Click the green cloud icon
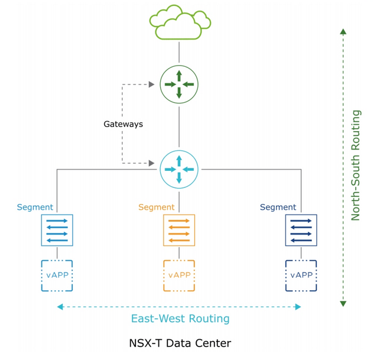pyautogui.click(x=180, y=22)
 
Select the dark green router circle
pyautogui.click(x=179, y=85)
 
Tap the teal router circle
pyautogui.click(x=179, y=170)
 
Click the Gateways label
pyautogui.click(x=123, y=124)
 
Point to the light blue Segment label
pyautogui.click(x=35, y=207)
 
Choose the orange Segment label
pyautogui.click(x=156, y=207)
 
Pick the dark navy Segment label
pyautogui.click(x=278, y=207)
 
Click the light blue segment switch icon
pyautogui.click(x=57, y=230)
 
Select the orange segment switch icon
pyautogui.click(x=178, y=230)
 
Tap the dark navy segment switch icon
pyautogui.click(x=301, y=230)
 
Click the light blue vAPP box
pyautogui.click(x=57, y=275)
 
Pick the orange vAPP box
pyautogui.click(x=178, y=275)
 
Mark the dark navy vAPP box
pyautogui.click(x=301, y=275)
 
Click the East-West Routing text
pyautogui.click(x=180, y=319)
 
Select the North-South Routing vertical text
pyautogui.click(x=355, y=166)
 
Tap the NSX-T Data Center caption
pyautogui.click(x=180, y=343)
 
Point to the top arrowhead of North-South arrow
pyautogui.click(x=343, y=32)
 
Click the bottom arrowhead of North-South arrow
pyautogui.click(x=343, y=303)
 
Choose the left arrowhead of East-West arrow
pyautogui.click(x=60, y=307)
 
